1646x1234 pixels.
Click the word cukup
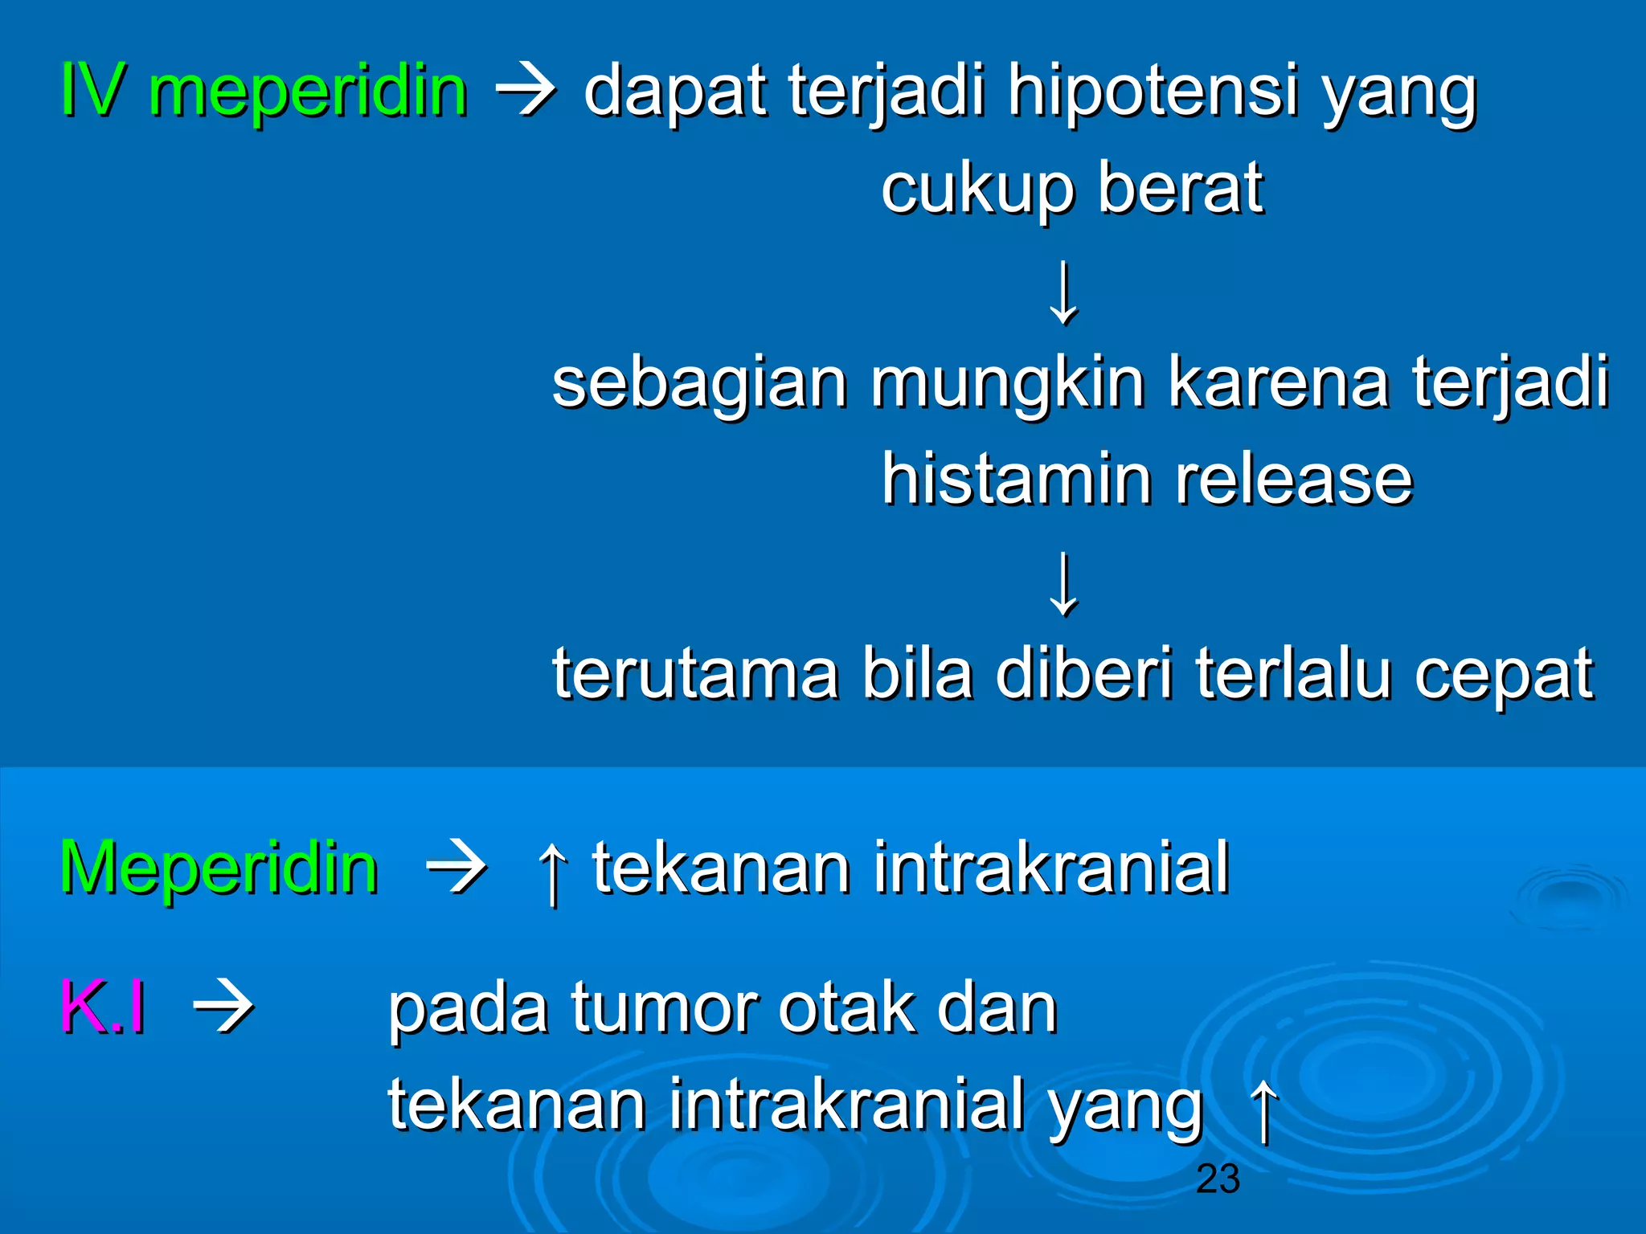[x=977, y=190]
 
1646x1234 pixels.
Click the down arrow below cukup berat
[x=1063, y=292]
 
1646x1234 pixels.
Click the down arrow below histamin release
[x=1063, y=584]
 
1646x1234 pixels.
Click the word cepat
[x=1503, y=676]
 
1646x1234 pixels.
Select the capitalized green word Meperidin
[x=219, y=868]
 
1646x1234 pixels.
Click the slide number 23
[x=1218, y=1179]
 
